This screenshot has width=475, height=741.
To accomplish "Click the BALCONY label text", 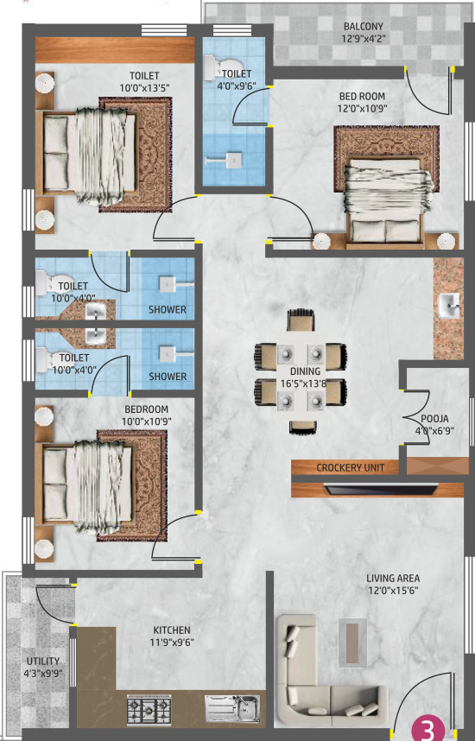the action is click(x=363, y=27).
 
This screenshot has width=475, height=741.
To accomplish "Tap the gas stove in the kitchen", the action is click(x=149, y=709).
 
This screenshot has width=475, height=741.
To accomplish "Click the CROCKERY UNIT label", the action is click(x=351, y=468).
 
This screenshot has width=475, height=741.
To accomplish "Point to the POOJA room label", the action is click(x=434, y=419).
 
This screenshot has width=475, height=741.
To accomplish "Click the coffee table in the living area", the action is click(x=352, y=643).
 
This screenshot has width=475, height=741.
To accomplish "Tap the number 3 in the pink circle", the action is click(x=427, y=731).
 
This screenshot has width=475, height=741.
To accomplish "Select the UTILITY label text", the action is click(x=43, y=662).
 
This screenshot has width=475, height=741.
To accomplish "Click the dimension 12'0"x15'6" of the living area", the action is click(x=393, y=590).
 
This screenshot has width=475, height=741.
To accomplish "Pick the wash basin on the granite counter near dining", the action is click(x=448, y=305).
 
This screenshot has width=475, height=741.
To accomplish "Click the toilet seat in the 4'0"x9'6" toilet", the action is click(x=223, y=67).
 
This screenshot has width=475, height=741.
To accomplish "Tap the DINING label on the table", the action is click(x=306, y=371).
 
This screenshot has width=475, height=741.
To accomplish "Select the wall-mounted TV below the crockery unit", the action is click(x=381, y=489).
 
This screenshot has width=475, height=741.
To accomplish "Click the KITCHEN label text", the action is click(x=172, y=630).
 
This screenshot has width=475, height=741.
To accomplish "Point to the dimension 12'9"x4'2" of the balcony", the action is click(x=364, y=38).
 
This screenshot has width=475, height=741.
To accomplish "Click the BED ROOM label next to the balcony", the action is click(x=362, y=97).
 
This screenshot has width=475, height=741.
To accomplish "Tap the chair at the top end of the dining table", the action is click(x=301, y=320).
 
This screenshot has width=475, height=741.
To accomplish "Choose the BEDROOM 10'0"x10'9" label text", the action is click(x=147, y=415).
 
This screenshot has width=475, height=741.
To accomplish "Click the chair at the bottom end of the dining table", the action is click(x=303, y=427).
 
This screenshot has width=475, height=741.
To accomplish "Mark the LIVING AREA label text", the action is click(x=393, y=578).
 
